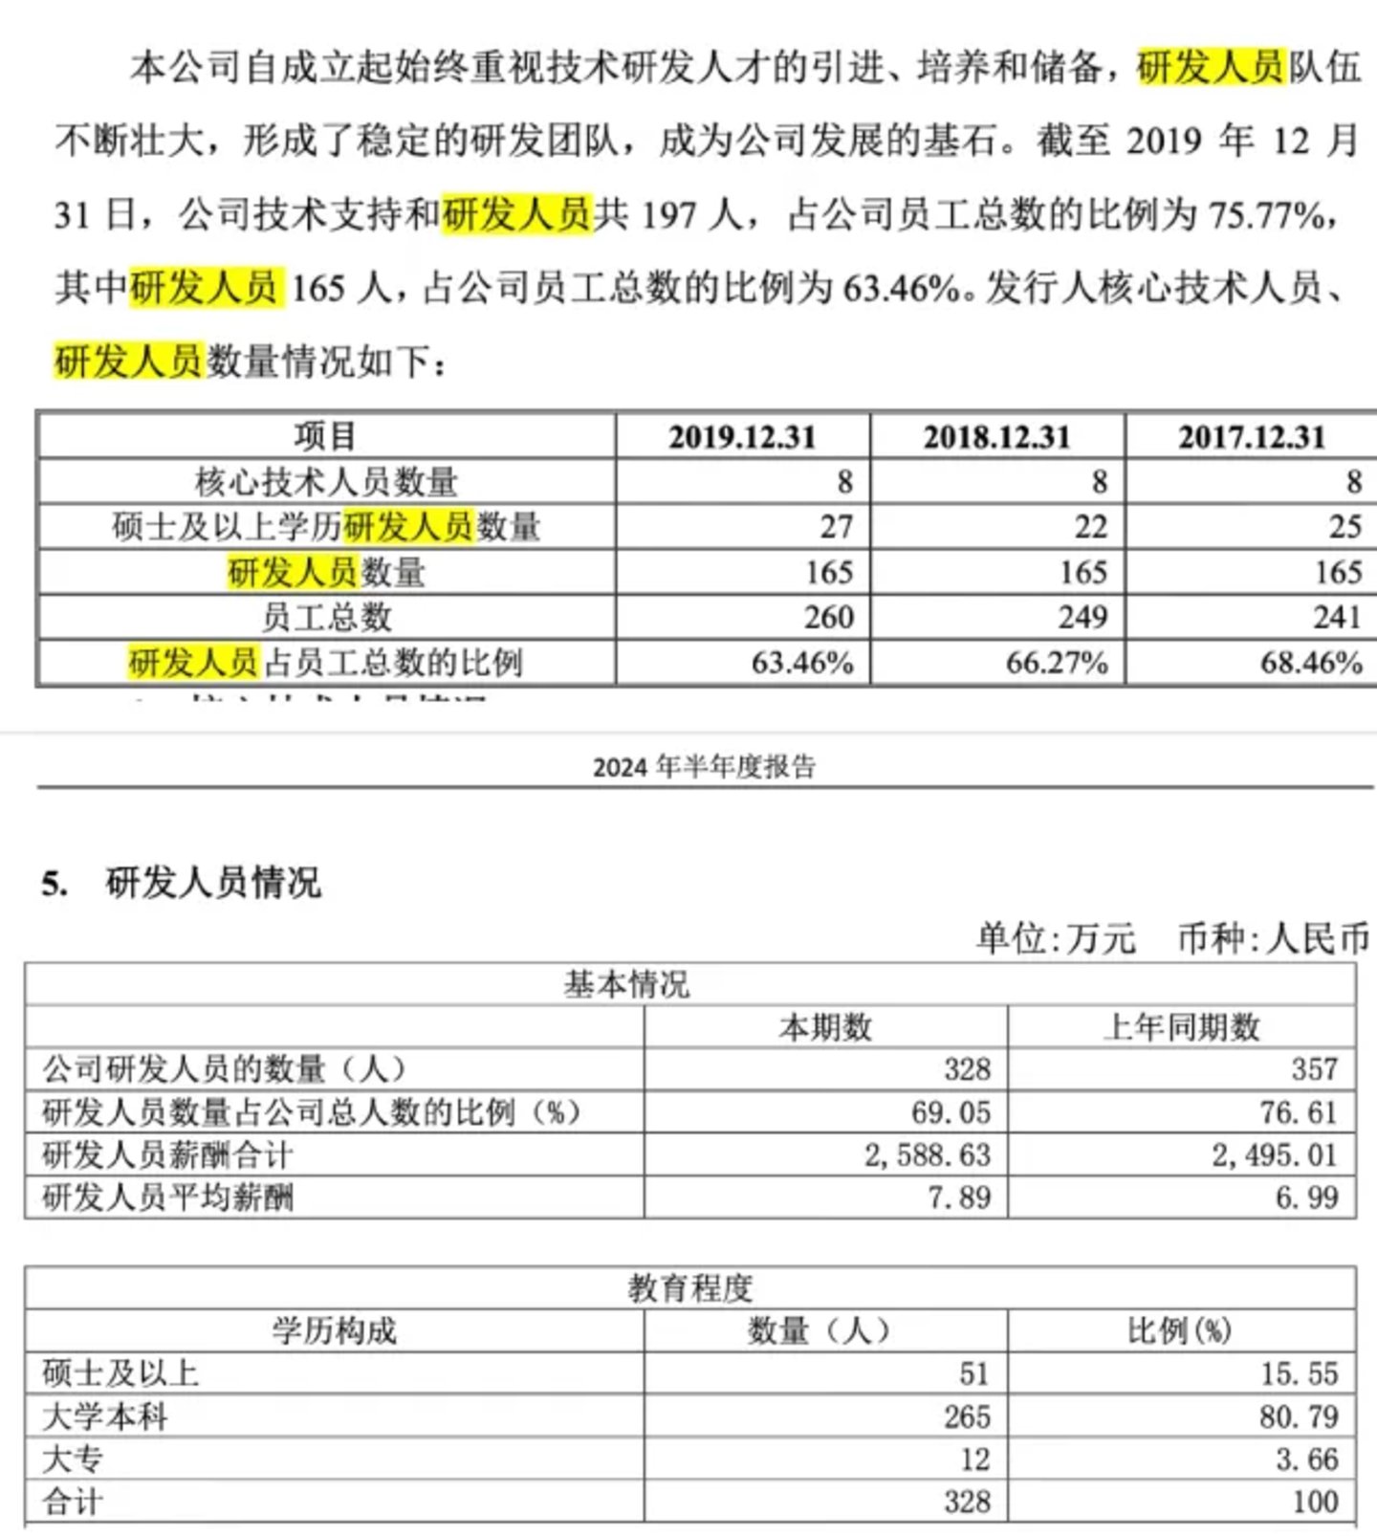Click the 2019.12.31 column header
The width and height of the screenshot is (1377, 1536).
[742, 437]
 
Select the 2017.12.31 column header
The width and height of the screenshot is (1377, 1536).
[1252, 437]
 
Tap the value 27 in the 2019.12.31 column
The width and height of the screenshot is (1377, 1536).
[836, 526]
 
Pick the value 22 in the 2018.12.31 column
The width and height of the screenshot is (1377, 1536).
[1090, 526]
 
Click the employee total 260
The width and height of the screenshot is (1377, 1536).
[828, 617]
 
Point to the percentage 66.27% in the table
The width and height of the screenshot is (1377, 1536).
[1057, 662]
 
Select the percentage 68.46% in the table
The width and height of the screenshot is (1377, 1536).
[1311, 662]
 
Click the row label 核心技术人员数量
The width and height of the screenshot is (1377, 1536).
[326, 482]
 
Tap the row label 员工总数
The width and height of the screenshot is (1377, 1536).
[326, 617]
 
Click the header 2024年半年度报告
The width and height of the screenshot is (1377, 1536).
[704, 767]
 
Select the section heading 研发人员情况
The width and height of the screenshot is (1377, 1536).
[212, 882]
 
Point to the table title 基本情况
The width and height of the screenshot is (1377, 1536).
[626, 984]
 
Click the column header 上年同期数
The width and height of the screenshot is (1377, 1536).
[1182, 1027]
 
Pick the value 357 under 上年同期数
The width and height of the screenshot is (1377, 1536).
[1314, 1069]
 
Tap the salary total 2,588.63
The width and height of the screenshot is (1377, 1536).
[928, 1155]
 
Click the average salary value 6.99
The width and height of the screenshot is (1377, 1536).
[1306, 1197]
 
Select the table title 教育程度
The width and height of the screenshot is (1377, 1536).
[689, 1288]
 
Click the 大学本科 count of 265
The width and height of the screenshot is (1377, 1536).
[967, 1416]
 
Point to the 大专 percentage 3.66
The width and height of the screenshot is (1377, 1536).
[1306, 1459]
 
